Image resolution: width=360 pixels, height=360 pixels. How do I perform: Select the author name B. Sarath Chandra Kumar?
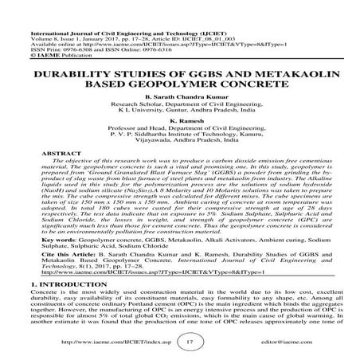click(180, 95)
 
